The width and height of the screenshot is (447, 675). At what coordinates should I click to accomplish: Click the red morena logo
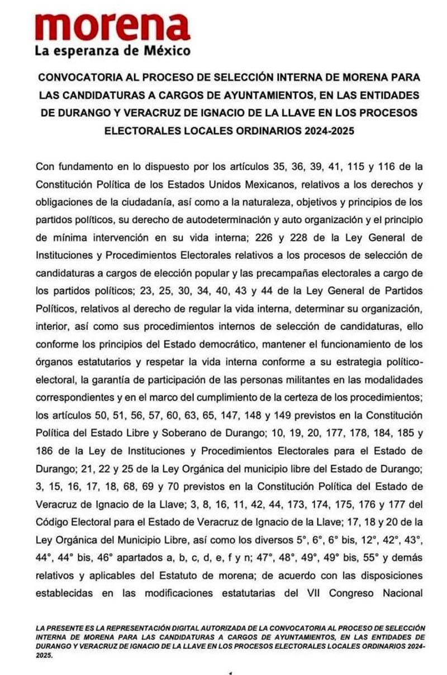pyautogui.click(x=112, y=26)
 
